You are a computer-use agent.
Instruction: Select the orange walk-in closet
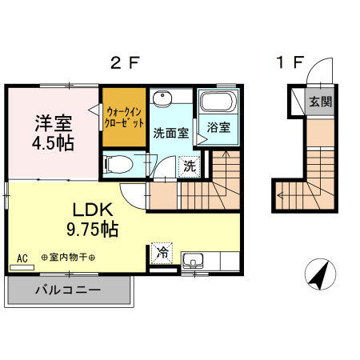tap(124, 120)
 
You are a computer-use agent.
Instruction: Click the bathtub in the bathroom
tap(218, 103)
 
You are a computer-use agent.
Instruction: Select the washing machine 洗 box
tap(189, 166)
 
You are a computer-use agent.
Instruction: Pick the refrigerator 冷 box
tap(162, 252)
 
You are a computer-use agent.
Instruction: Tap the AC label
tap(22, 258)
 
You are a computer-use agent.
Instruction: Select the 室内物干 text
tap(67, 258)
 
